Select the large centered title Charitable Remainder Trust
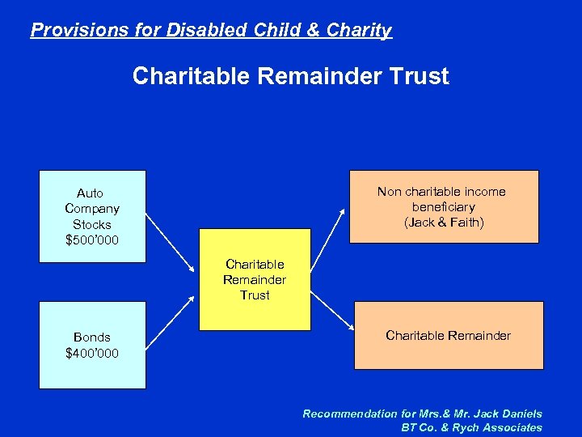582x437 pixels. click(x=290, y=77)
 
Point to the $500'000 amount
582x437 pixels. click(x=92, y=240)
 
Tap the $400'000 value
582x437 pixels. click(x=92, y=353)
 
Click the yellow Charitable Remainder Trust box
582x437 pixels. click(x=255, y=279)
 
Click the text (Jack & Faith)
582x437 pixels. click(x=444, y=223)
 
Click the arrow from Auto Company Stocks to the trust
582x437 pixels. click(x=173, y=243)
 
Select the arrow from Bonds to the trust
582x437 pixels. click(x=173, y=316)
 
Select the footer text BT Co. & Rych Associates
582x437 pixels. click(x=471, y=427)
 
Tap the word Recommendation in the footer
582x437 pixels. click(x=352, y=414)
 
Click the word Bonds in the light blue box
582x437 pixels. click(x=92, y=337)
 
